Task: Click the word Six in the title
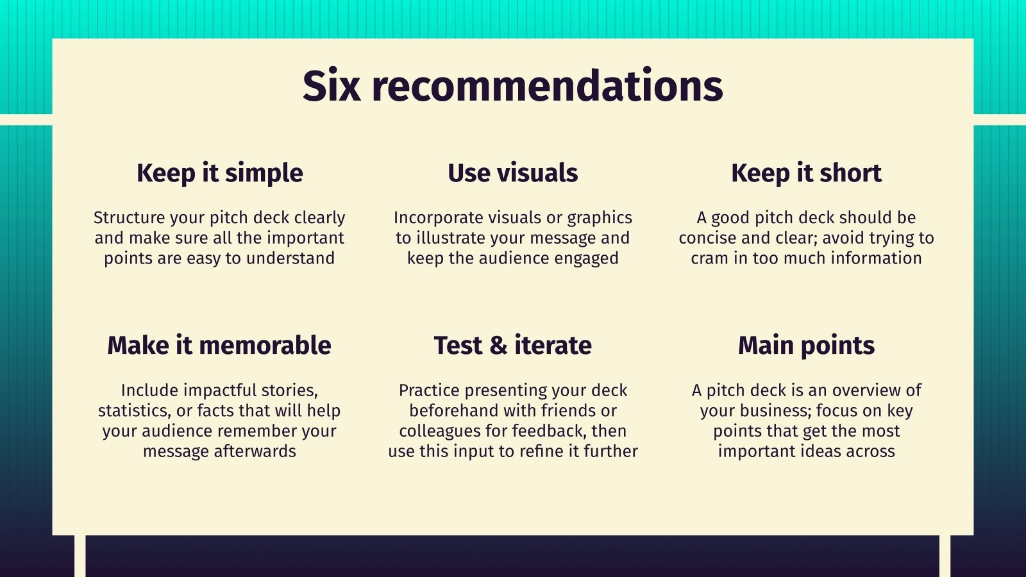coord(331,86)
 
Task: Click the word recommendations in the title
coord(547,86)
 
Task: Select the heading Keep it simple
coord(220,174)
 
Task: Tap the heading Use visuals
coord(513,173)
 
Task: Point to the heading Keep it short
coord(806,173)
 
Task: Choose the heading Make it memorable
coord(219,346)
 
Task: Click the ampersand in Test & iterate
coord(498,346)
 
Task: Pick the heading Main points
coord(806,346)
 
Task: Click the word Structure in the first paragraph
coord(129,217)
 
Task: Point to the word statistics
coord(135,411)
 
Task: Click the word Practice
coord(429,390)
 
